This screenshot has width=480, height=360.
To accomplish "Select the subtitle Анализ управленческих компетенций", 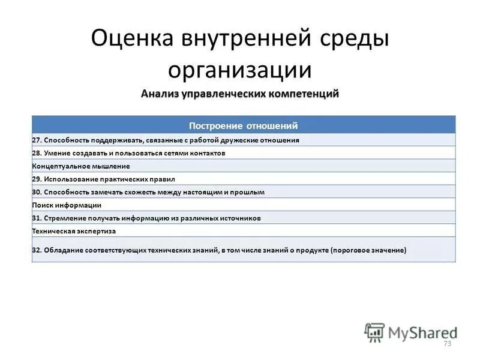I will [x=240, y=94].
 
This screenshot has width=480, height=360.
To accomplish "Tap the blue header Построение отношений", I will [x=243, y=125].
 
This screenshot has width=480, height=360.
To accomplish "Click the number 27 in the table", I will [x=36, y=140].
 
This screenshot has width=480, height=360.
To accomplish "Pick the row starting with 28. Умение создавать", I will [x=129, y=153].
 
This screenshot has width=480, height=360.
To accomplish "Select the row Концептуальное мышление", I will [x=81, y=166].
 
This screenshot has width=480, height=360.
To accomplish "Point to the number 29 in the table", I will [x=36, y=179].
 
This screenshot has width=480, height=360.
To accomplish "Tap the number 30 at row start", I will [x=36, y=192].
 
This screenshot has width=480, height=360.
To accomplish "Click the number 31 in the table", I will [x=36, y=218].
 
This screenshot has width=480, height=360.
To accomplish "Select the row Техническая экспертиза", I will [x=74, y=231].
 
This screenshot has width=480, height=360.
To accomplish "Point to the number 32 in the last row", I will [x=36, y=250].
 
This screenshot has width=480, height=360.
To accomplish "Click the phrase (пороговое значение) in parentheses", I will [x=368, y=250].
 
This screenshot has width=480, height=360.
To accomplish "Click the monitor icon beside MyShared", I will [x=374, y=332].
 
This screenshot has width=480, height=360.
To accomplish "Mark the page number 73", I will [x=446, y=343].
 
